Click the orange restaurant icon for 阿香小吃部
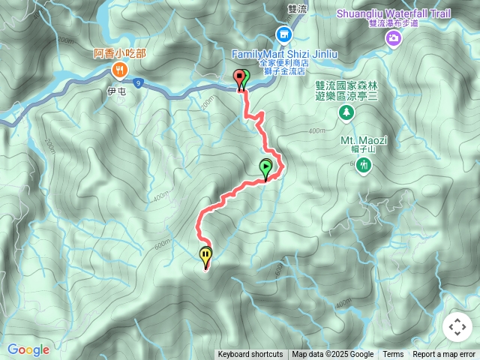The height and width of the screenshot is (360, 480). click(x=120, y=70)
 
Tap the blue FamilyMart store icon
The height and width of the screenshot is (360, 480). click(x=283, y=34)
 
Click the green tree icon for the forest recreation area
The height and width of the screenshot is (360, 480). click(x=346, y=112)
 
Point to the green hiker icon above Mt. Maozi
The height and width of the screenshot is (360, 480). click(x=364, y=164)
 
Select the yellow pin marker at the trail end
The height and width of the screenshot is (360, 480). click(x=205, y=257)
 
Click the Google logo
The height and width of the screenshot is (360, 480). click(x=28, y=349)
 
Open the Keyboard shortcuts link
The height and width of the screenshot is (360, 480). click(x=250, y=355)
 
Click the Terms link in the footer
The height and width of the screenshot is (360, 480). click(x=393, y=355)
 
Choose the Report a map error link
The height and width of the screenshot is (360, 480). click(x=444, y=355)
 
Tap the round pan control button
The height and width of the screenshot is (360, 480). click(x=457, y=327)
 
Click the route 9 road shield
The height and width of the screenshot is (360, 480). click(x=139, y=85)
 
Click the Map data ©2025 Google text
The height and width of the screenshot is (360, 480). click(x=332, y=355)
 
